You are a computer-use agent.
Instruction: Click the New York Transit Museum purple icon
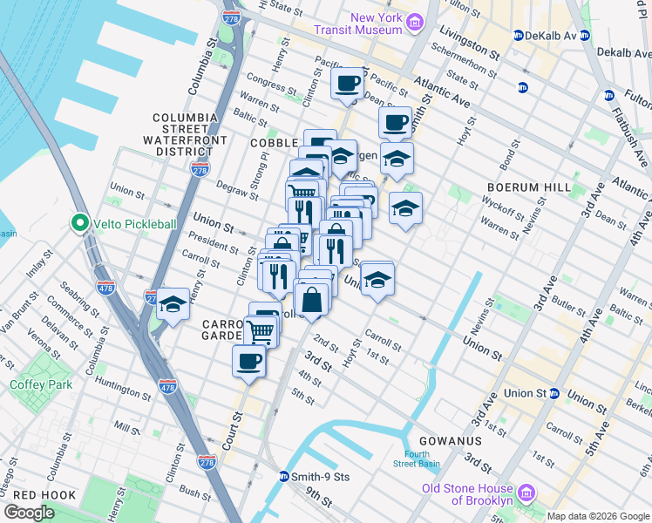(x=415, y=21)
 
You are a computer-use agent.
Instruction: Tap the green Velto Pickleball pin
(x=80, y=223)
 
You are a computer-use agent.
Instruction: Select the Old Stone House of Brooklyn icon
(x=526, y=493)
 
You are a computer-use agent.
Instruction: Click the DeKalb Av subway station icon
(x=521, y=36)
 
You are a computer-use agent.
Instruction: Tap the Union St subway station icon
(x=554, y=393)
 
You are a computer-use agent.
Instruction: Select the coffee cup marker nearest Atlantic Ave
(x=348, y=85)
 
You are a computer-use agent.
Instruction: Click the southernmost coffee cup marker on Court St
(x=248, y=361)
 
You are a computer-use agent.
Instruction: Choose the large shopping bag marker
(x=312, y=300)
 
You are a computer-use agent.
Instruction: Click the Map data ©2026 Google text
(x=598, y=516)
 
